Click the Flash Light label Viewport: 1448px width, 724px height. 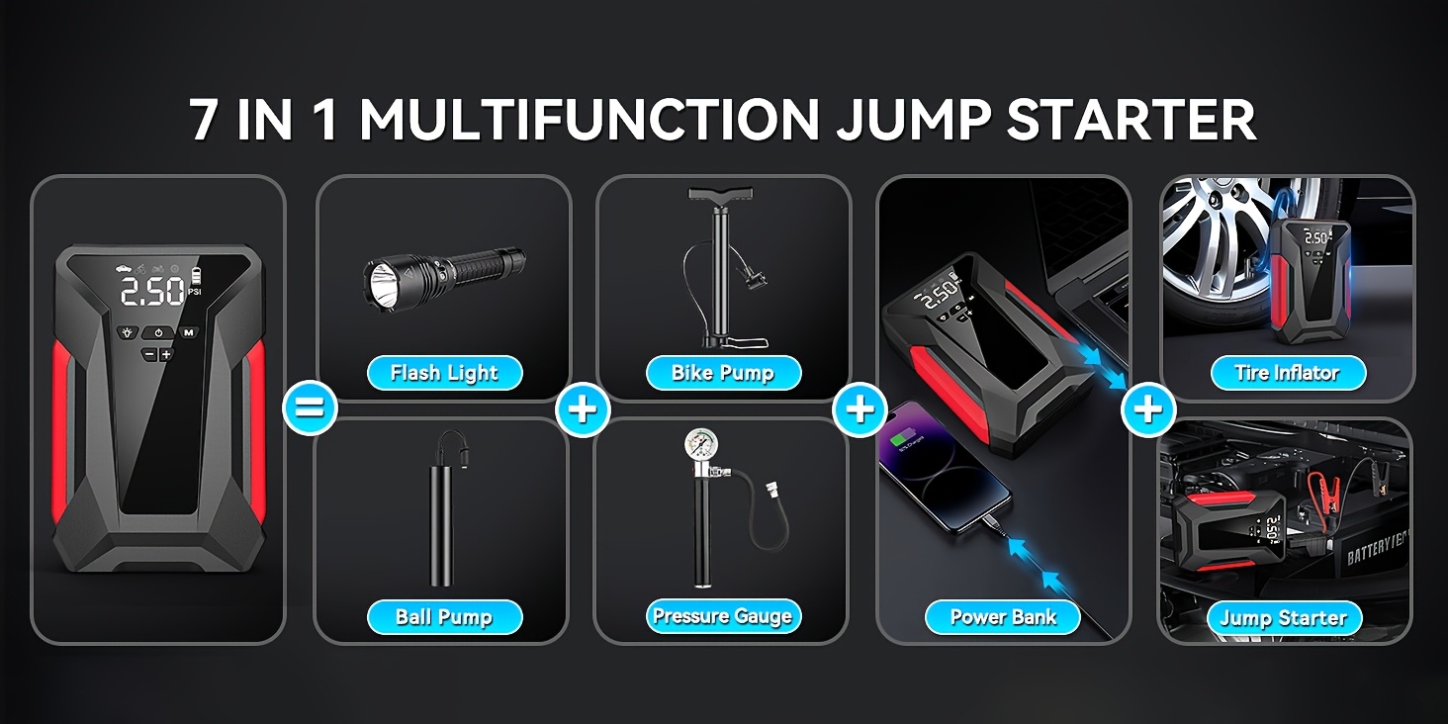pos(444,373)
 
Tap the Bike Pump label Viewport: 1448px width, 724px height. pos(723,373)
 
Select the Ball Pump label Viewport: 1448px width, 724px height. pos(444,617)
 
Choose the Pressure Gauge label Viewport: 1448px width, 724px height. pos(722,616)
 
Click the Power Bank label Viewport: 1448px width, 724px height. pos(1003,617)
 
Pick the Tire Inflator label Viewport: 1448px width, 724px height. pos(1287,373)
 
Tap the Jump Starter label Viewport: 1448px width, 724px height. pos(1283,618)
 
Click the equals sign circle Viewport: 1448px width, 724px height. pos(310,408)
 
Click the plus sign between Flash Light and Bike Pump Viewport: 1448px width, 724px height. pos(583,408)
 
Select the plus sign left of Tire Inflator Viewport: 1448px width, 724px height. pos(1148,408)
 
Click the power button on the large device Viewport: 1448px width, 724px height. pos(157,333)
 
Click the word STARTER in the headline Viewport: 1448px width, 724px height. pos(1131,121)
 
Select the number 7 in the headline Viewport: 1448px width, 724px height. pos(204,121)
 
